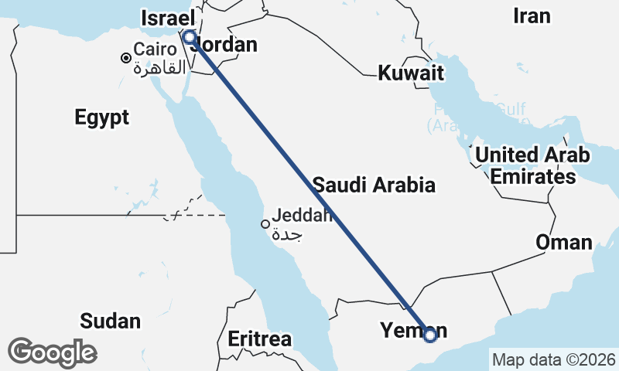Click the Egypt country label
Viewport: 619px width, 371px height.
click(102, 118)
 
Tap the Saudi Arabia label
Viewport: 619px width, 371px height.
click(374, 185)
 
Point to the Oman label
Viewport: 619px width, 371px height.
click(564, 243)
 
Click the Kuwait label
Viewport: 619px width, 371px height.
click(411, 74)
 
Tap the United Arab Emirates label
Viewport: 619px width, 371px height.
click(532, 165)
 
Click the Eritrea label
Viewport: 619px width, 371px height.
click(259, 339)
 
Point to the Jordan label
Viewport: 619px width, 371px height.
click(226, 46)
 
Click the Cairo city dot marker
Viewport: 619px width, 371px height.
click(125, 57)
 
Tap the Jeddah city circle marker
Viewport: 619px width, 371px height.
click(265, 224)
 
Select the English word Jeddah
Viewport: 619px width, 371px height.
click(302, 216)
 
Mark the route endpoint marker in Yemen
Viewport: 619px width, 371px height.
click(431, 335)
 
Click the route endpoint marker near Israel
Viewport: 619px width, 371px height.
click(189, 36)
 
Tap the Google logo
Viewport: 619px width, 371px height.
click(53, 352)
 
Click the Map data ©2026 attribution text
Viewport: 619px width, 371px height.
click(554, 360)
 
